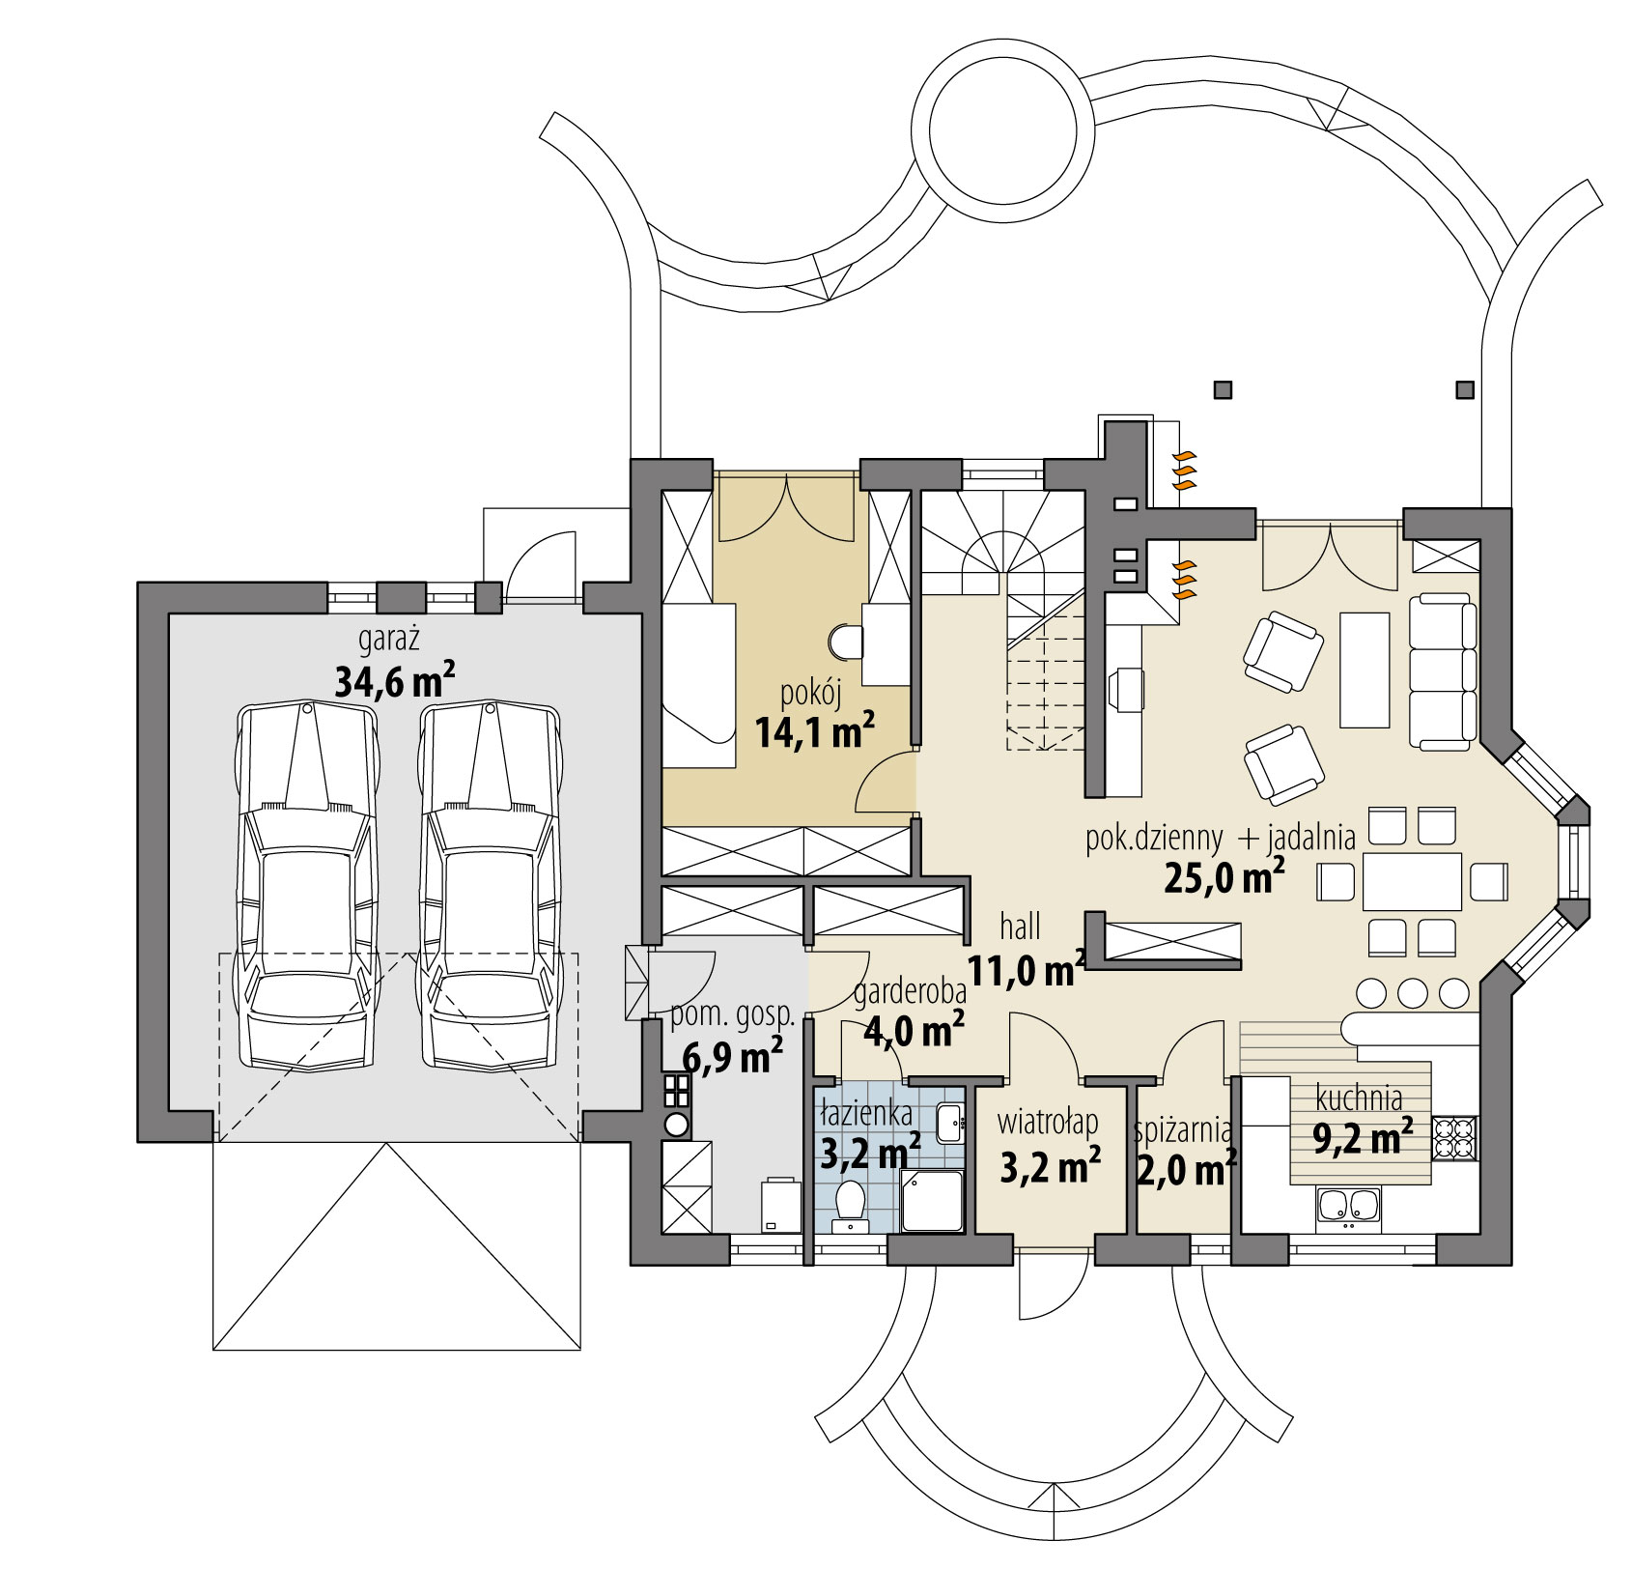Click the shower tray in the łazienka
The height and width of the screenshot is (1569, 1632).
[x=932, y=1200]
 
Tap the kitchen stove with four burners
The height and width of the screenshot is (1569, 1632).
[x=1454, y=1136]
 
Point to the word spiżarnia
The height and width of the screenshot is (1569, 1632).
[x=1182, y=1127]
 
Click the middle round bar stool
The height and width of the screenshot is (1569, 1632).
[x=1414, y=993]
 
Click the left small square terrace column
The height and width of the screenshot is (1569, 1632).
[x=1224, y=390]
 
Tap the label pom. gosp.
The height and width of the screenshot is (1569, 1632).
[x=732, y=1016]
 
